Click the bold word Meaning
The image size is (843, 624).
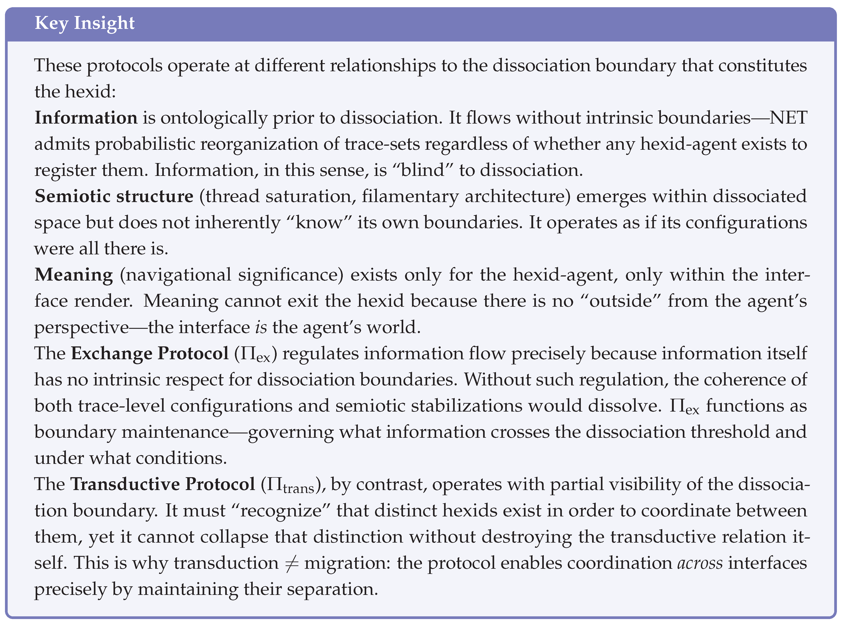click(74, 275)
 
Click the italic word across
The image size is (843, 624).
click(700, 563)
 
